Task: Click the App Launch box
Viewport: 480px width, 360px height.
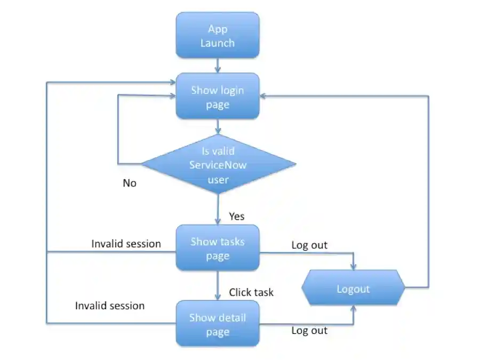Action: (218, 35)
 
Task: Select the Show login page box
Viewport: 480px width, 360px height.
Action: (218, 97)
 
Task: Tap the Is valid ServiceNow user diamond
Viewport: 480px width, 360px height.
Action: (218, 164)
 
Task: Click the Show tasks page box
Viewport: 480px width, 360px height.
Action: (218, 248)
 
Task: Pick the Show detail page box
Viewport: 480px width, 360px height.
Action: (218, 324)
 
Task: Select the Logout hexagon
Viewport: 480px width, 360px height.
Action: (353, 289)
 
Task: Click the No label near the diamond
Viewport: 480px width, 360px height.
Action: (130, 183)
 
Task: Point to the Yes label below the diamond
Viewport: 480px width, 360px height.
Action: (237, 216)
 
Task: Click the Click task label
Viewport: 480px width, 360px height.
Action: (251, 292)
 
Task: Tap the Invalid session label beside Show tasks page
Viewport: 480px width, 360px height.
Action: (126, 244)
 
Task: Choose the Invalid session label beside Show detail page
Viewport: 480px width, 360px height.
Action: (110, 306)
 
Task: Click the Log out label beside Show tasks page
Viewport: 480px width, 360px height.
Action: (309, 245)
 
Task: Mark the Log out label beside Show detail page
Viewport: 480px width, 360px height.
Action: (309, 331)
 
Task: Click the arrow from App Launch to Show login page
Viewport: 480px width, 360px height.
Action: (218, 66)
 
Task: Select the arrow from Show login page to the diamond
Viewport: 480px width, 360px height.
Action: (218, 127)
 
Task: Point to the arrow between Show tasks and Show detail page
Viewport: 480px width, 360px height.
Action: (218, 285)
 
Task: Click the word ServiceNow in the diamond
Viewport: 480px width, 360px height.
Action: (218, 165)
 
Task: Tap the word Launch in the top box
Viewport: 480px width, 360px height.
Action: (218, 43)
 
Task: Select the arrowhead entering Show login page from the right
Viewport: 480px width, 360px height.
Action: (264, 96)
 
